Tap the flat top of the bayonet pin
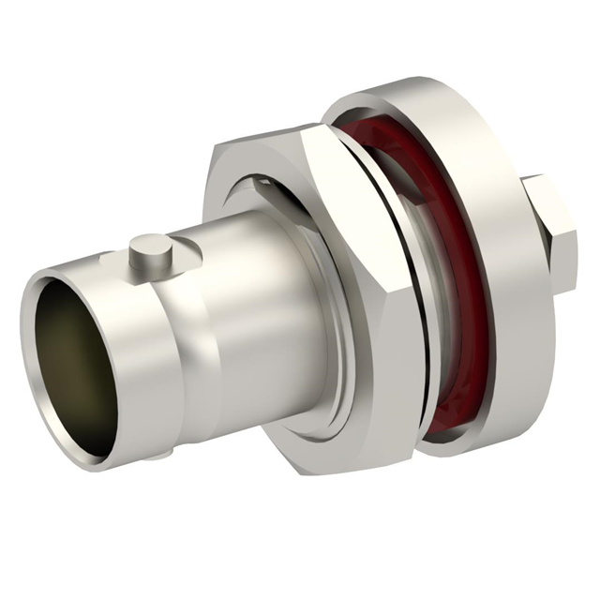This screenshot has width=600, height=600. tap(150, 245)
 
